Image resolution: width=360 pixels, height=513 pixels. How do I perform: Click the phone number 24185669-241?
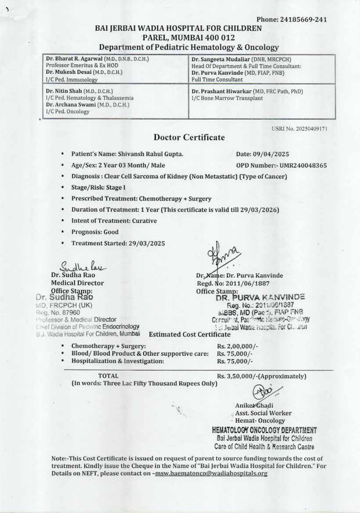[x=303, y=20]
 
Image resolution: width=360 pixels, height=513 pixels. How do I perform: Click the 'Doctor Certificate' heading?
[x=189, y=137]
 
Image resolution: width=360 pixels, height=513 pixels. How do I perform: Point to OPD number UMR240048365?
[x=303, y=165]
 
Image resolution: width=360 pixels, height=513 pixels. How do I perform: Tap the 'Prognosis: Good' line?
[x=95, y=232]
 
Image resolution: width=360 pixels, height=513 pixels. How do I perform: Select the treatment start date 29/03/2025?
[x=147, y=243]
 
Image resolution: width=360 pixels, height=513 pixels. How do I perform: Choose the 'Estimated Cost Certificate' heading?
[x=190, y=334]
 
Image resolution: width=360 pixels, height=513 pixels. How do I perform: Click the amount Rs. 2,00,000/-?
[x=237, y=346]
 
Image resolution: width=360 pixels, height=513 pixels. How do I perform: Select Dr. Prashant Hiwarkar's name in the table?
[x=222, y=91]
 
